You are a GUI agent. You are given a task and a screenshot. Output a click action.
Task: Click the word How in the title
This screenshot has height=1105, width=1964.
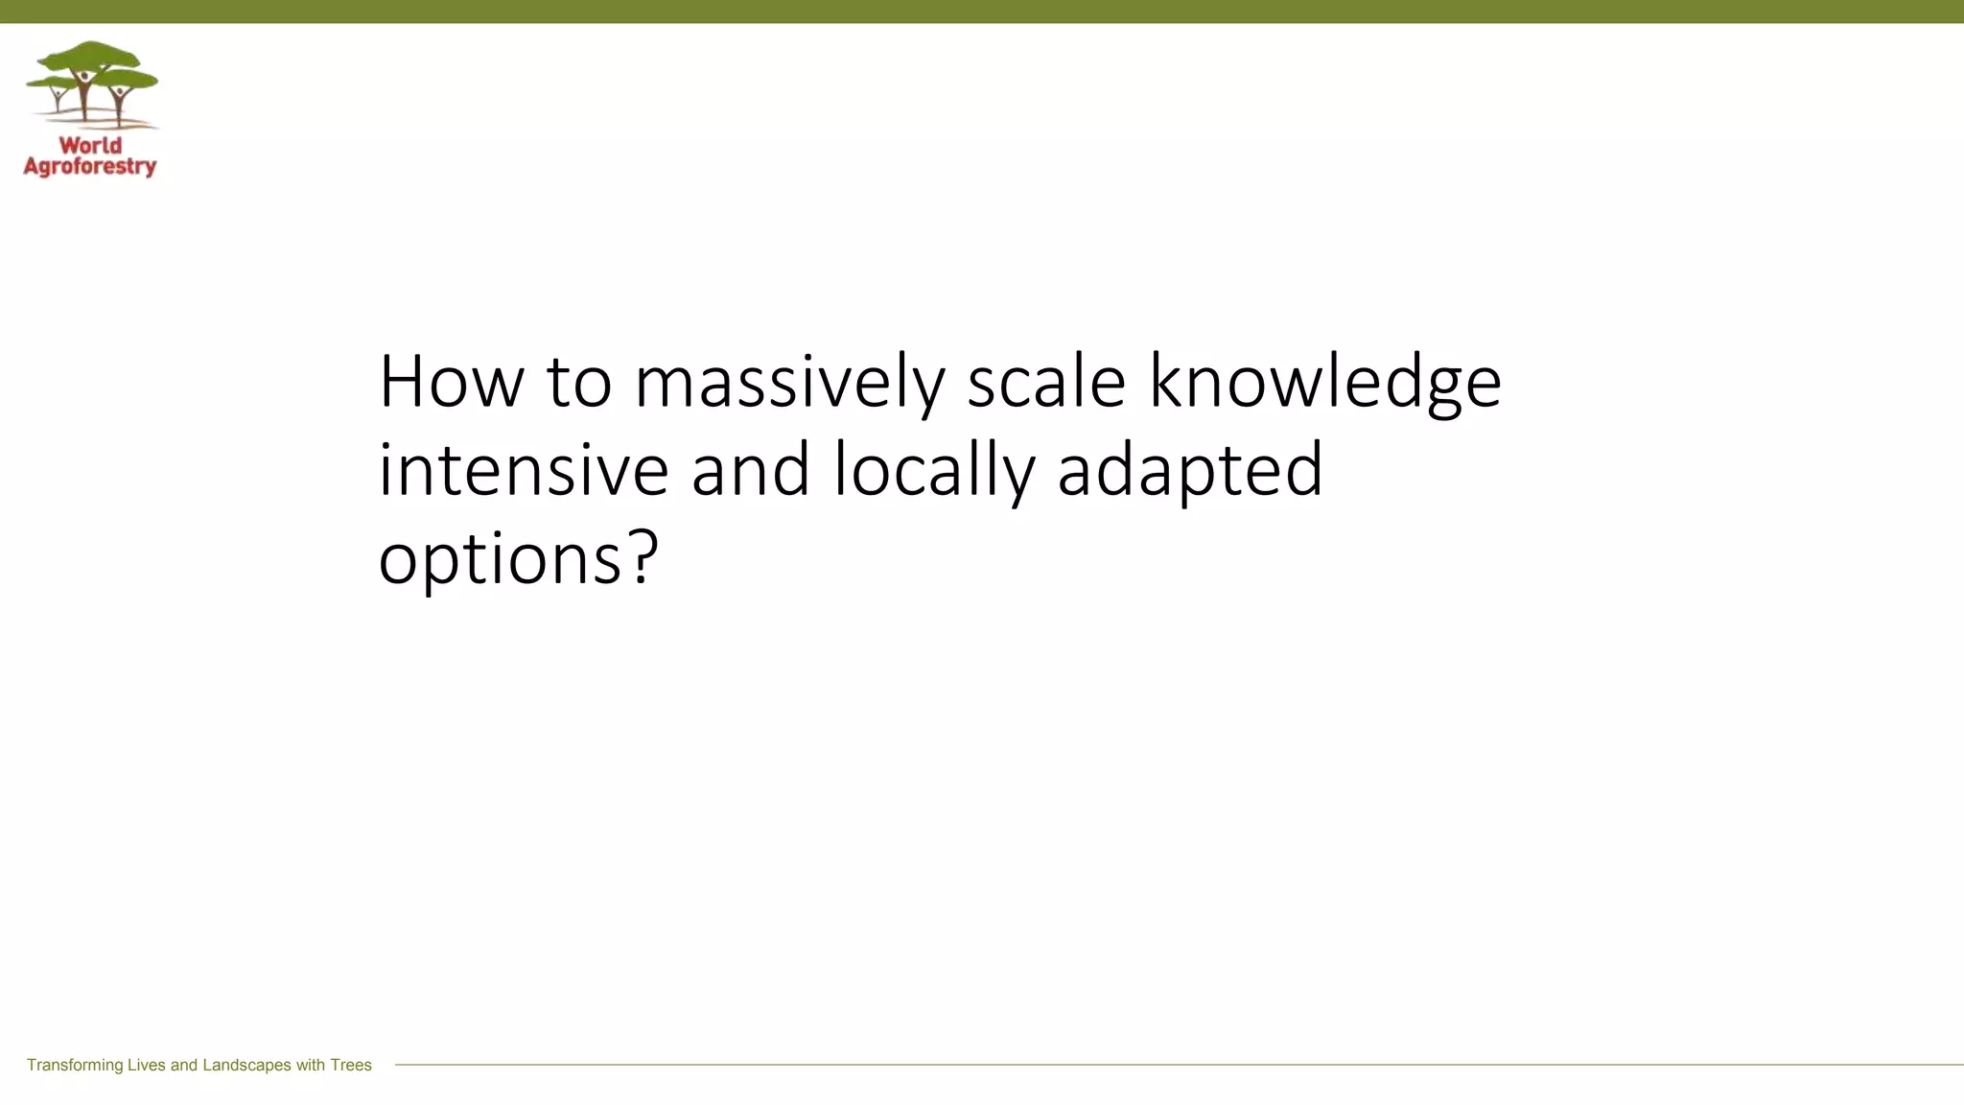(x=451, y=382)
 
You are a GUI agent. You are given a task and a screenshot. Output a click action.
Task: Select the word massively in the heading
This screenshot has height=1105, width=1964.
(x=789, y=382)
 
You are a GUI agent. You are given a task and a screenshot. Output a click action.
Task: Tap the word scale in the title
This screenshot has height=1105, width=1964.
(x=1045, y=382)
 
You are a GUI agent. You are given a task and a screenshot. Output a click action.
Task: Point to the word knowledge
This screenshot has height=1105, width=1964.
(x=1324, y=382)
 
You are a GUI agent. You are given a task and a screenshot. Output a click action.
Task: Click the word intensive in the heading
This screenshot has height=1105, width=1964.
(x=523, y=470)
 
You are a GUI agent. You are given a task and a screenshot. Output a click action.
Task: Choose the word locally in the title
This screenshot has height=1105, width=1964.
(x=934, y=470)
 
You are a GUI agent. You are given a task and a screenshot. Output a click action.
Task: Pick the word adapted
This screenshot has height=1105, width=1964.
(x=1189, y=470)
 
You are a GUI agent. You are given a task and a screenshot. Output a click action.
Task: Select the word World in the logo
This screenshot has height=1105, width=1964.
(x=90, y=146)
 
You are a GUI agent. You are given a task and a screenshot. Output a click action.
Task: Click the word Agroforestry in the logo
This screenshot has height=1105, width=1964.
(x=90, y=167)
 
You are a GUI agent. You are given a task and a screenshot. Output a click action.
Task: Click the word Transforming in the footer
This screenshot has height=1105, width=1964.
(x=75, y=1065)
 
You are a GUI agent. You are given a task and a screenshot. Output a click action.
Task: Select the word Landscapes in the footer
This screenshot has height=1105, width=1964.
(x=246, y=1065)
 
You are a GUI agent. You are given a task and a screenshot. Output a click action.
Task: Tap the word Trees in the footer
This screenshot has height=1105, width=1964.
(x=351, y=1065)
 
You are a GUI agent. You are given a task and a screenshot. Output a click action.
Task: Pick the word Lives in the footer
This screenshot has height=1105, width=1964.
(x=147, y=1065)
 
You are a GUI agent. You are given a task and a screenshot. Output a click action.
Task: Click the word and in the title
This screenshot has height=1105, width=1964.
(x=750, y=470)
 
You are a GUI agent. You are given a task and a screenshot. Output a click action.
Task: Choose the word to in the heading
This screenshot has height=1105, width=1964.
(x=578, y=382)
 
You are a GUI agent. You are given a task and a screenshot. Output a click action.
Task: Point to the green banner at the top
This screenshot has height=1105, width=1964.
(x=982, y=12)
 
